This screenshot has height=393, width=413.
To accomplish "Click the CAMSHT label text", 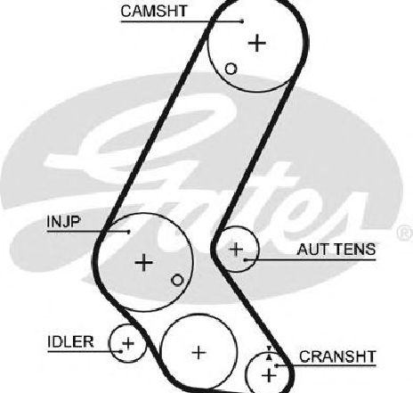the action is [x=154, y=12].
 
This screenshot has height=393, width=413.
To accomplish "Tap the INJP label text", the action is [x=63, y=221].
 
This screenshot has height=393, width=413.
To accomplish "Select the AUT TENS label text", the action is [x=336, y=250].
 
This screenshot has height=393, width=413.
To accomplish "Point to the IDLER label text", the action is [x=70, y=341].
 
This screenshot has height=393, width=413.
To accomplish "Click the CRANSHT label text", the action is [x=337, y=356].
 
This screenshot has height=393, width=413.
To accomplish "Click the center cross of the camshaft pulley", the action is [x=257, y=43].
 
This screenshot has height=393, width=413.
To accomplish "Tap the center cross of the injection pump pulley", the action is [x=144, y=262].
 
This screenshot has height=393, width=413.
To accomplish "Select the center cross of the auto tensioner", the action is [x=237, y=249].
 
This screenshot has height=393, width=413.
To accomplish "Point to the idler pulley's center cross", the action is [x=128, y=343].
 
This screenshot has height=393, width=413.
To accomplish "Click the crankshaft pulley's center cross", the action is [x=269, y=375].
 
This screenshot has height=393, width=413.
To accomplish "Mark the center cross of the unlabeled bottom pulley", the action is [x=198, y=353].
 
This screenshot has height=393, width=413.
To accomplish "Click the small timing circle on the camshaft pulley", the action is [x=231, y=69].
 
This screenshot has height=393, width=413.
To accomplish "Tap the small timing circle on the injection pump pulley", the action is [x=177, y=280].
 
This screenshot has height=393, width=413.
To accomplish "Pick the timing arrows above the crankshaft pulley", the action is [x=269, y=353].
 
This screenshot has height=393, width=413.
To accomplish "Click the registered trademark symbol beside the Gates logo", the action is [x=405, y=233].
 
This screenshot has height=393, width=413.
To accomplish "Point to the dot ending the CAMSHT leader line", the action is [x=242, y=21].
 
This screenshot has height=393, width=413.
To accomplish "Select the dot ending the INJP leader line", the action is [x=128, y=232].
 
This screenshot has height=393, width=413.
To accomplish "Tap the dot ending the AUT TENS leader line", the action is [x=246, y=260].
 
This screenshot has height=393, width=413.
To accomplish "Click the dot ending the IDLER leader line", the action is [x=121, y=351].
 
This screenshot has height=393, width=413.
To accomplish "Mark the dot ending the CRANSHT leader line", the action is [x=276, y=366].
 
